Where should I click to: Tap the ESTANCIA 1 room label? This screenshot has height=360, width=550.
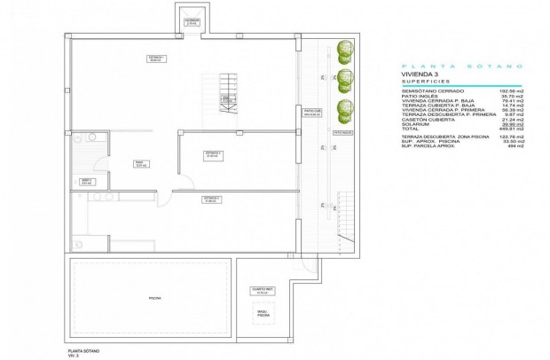coord(156,59)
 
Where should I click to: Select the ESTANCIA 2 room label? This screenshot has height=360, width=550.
coord(213,154)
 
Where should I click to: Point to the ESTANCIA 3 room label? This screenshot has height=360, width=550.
coord(210,199)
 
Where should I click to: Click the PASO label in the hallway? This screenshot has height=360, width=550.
coord(138,164)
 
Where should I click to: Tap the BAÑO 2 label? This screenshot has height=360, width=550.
coord(87,182)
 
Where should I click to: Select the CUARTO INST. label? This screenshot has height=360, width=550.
coord(261,290)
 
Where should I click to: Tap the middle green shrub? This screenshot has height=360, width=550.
coord(342,78)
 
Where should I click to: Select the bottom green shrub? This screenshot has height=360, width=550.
coord(342,110)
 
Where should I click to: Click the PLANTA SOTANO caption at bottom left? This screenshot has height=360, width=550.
coord(85,348)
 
